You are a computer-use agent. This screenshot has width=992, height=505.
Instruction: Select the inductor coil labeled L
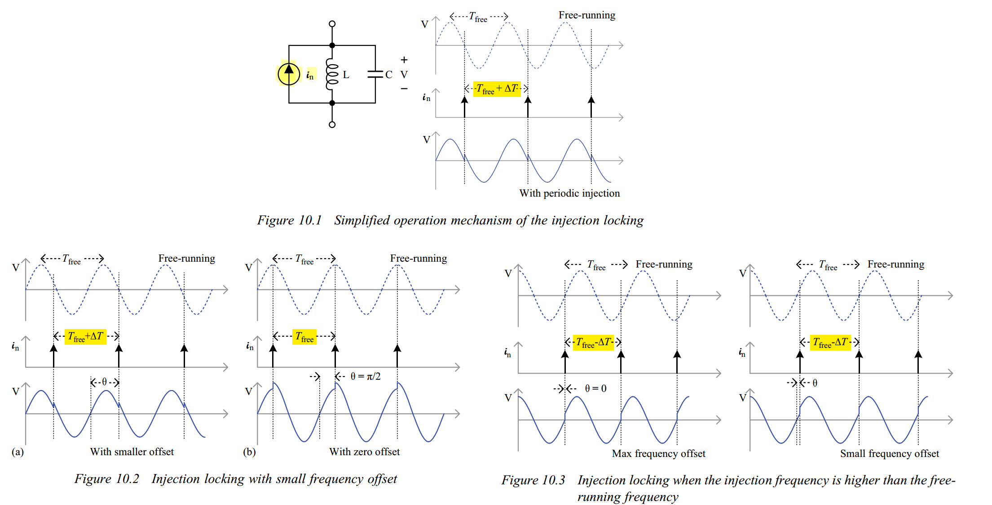[x=332, y=74]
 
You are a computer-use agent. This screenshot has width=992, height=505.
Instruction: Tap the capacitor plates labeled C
[x=375, y=74]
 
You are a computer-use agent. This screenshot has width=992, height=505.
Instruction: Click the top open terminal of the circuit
[x=332, y=24]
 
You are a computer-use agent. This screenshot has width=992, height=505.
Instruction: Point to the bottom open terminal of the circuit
[x=332, y=124]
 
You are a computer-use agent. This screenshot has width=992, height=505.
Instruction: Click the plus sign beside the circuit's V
[x=404, y=60]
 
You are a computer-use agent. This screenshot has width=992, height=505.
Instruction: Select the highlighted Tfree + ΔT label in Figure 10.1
[x=497, y=89]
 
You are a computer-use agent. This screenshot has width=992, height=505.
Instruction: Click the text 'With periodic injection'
[x=569, y=193]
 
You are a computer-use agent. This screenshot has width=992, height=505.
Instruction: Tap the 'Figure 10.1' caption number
[x=290, y=220]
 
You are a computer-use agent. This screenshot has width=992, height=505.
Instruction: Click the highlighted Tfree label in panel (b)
[x=304, y=337]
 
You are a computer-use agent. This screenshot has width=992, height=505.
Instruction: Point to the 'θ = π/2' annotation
[x=365, y=376]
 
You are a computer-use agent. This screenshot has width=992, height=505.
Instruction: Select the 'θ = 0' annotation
[x=595, y=388]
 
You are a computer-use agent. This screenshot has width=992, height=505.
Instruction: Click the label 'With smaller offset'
[x=132, y=452]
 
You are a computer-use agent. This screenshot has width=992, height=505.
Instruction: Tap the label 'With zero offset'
[x=364, y=452]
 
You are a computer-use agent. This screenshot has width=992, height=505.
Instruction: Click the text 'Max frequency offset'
[x=658, y=453]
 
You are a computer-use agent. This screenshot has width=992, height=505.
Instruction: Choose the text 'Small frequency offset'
[x=890, y=453]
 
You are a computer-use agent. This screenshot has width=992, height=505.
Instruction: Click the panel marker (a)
[x=18, y=452]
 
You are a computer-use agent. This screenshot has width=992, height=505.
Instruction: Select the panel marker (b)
[x=249, y=452]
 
